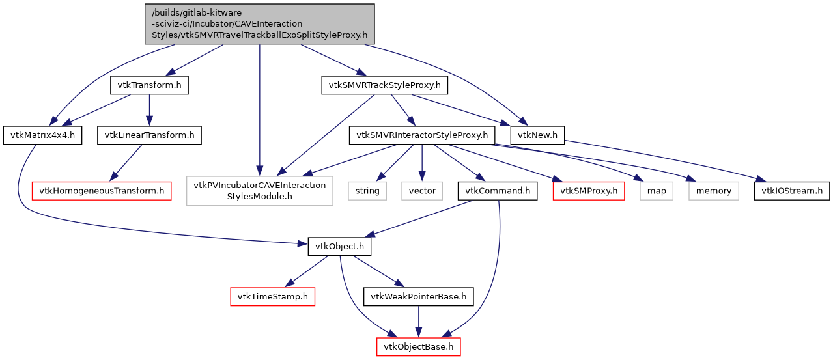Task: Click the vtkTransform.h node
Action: coord(150,86)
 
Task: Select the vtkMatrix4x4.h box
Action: coord(43,135)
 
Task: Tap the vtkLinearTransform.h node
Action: coord(149,135)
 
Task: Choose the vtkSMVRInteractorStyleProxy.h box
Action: coord(422,135)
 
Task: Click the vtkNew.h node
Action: coord(537,135)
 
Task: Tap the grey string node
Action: coord(367,191)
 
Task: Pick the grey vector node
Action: coord(421,191)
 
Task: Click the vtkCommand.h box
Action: coord(498,191)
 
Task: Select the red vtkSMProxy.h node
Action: coord(589,191)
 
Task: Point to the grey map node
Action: coord(657,191)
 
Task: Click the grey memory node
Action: coord(714,191)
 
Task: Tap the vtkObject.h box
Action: coord(339,247)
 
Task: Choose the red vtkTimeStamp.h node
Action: coord(273,297)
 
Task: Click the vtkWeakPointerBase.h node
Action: coord(418,297)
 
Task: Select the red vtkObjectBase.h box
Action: coord(418,346)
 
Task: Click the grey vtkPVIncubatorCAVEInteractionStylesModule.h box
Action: coord(259,191)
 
